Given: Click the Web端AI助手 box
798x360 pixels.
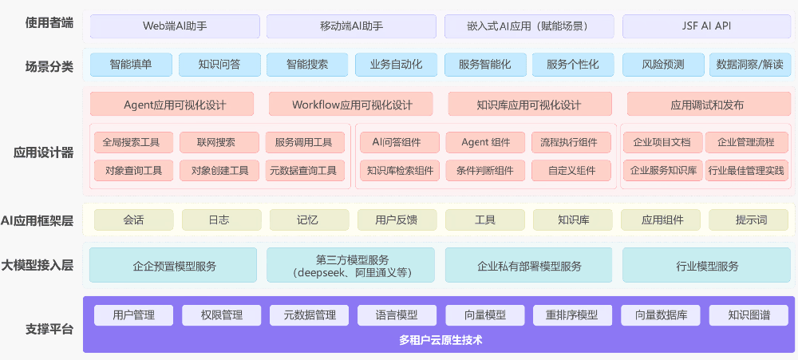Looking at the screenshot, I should point(174,26).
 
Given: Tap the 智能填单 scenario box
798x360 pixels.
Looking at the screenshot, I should point(131,65).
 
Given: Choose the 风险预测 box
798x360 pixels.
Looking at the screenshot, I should point(663,65).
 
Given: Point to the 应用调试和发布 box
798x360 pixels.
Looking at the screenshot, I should point(708,105).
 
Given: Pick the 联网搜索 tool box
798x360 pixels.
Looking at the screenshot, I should point(218,143).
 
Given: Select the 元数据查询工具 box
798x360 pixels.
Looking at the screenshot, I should point(304,170).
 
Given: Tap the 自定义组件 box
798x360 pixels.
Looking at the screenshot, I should point(572,170).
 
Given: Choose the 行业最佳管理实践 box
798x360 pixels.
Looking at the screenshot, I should point(746,170).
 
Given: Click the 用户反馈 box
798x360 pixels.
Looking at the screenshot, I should point(396,220).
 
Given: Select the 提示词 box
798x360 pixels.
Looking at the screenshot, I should point(750,220).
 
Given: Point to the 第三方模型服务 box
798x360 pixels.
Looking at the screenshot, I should point(351,265).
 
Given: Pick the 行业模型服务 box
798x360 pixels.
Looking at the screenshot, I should point(707,266).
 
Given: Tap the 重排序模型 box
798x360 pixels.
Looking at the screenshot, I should point(572,315).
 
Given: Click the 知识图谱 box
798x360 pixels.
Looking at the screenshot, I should point(749,315).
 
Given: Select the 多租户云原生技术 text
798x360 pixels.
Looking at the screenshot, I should point(440,340).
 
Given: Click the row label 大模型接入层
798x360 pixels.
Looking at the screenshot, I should point(38,266).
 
